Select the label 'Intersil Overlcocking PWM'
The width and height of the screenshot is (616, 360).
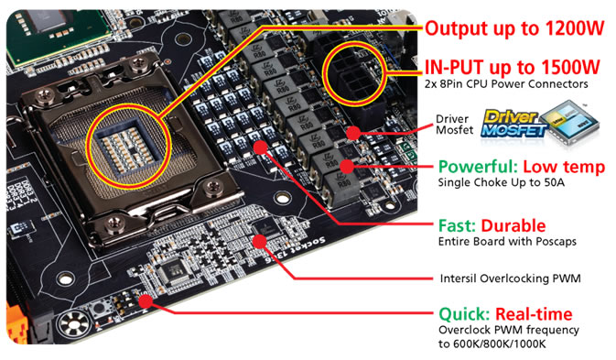(510, 278)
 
